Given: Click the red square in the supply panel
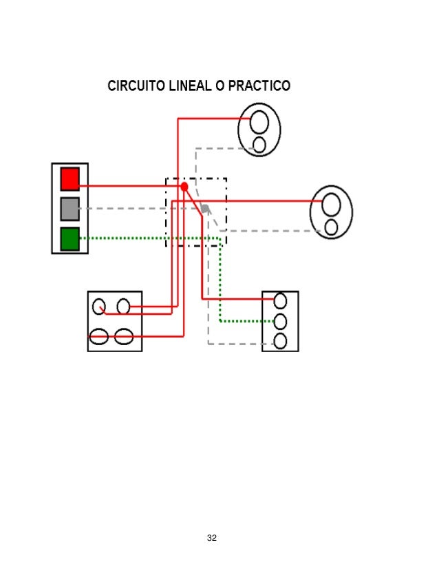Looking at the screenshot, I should pyautogui.click(x=69, y=178).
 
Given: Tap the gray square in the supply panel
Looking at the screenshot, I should pyautogui.click(x=69, y=208).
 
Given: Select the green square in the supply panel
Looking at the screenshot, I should pyautogui.click(x=69, y=238).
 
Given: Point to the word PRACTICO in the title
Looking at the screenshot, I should pyautogui.click(x=261, y=87).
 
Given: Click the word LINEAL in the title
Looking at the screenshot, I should pyautogui.click(x=195, y=87).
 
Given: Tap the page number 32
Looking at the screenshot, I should pyautogui.click(x=212, y=537).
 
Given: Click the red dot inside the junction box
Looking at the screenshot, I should pyautogui.click(x=184, y=187).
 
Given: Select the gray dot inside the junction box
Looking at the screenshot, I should pyautogui.click(x=204, y=208).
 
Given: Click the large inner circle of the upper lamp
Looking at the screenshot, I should pyautogui.click(x=259, y=121).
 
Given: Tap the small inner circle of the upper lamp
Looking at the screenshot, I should pyautogui.click(x=259, y=144).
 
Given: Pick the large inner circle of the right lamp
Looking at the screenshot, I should pyautogui.click(x=332, y=205).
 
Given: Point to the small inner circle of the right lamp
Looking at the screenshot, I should pyautogui.click(x=331, y=227).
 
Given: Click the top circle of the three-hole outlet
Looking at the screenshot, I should pyautogui.click(x=280, y=301).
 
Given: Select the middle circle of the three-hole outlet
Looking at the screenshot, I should pyautogui.click(x=280, y=321).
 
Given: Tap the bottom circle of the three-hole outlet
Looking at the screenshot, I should pyautogui.click(x=280, y=340).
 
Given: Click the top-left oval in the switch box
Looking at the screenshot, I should pyautogui.click(x=99, y=306).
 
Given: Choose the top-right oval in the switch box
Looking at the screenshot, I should pyautogui.click(x=124, y=306).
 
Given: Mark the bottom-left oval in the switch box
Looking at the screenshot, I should pyautogui.click(x=99, y=336).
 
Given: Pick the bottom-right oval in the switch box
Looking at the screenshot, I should pyautogui.click(x=124, y=336).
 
